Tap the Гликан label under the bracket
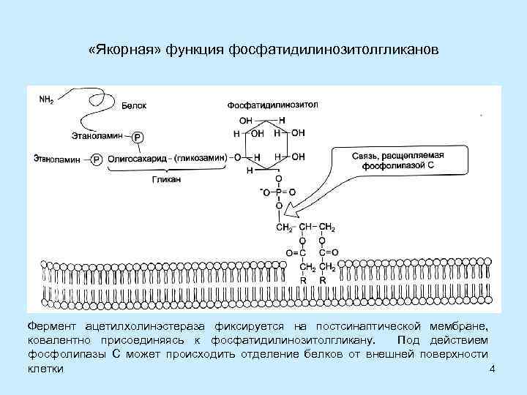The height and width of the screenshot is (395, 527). tap(168, 178)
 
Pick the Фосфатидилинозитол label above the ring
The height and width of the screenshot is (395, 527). tap(272, 105)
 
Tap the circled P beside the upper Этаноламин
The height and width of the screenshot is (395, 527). tap(138, 137)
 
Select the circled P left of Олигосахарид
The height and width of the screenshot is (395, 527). tap(97, 158)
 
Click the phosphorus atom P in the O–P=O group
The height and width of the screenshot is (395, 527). tap(278, 192)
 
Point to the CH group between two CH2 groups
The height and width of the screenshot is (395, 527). tap(303, 227)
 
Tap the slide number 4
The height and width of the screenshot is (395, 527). tap(492, 369)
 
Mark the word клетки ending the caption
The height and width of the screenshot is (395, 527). tap(45, 369)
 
